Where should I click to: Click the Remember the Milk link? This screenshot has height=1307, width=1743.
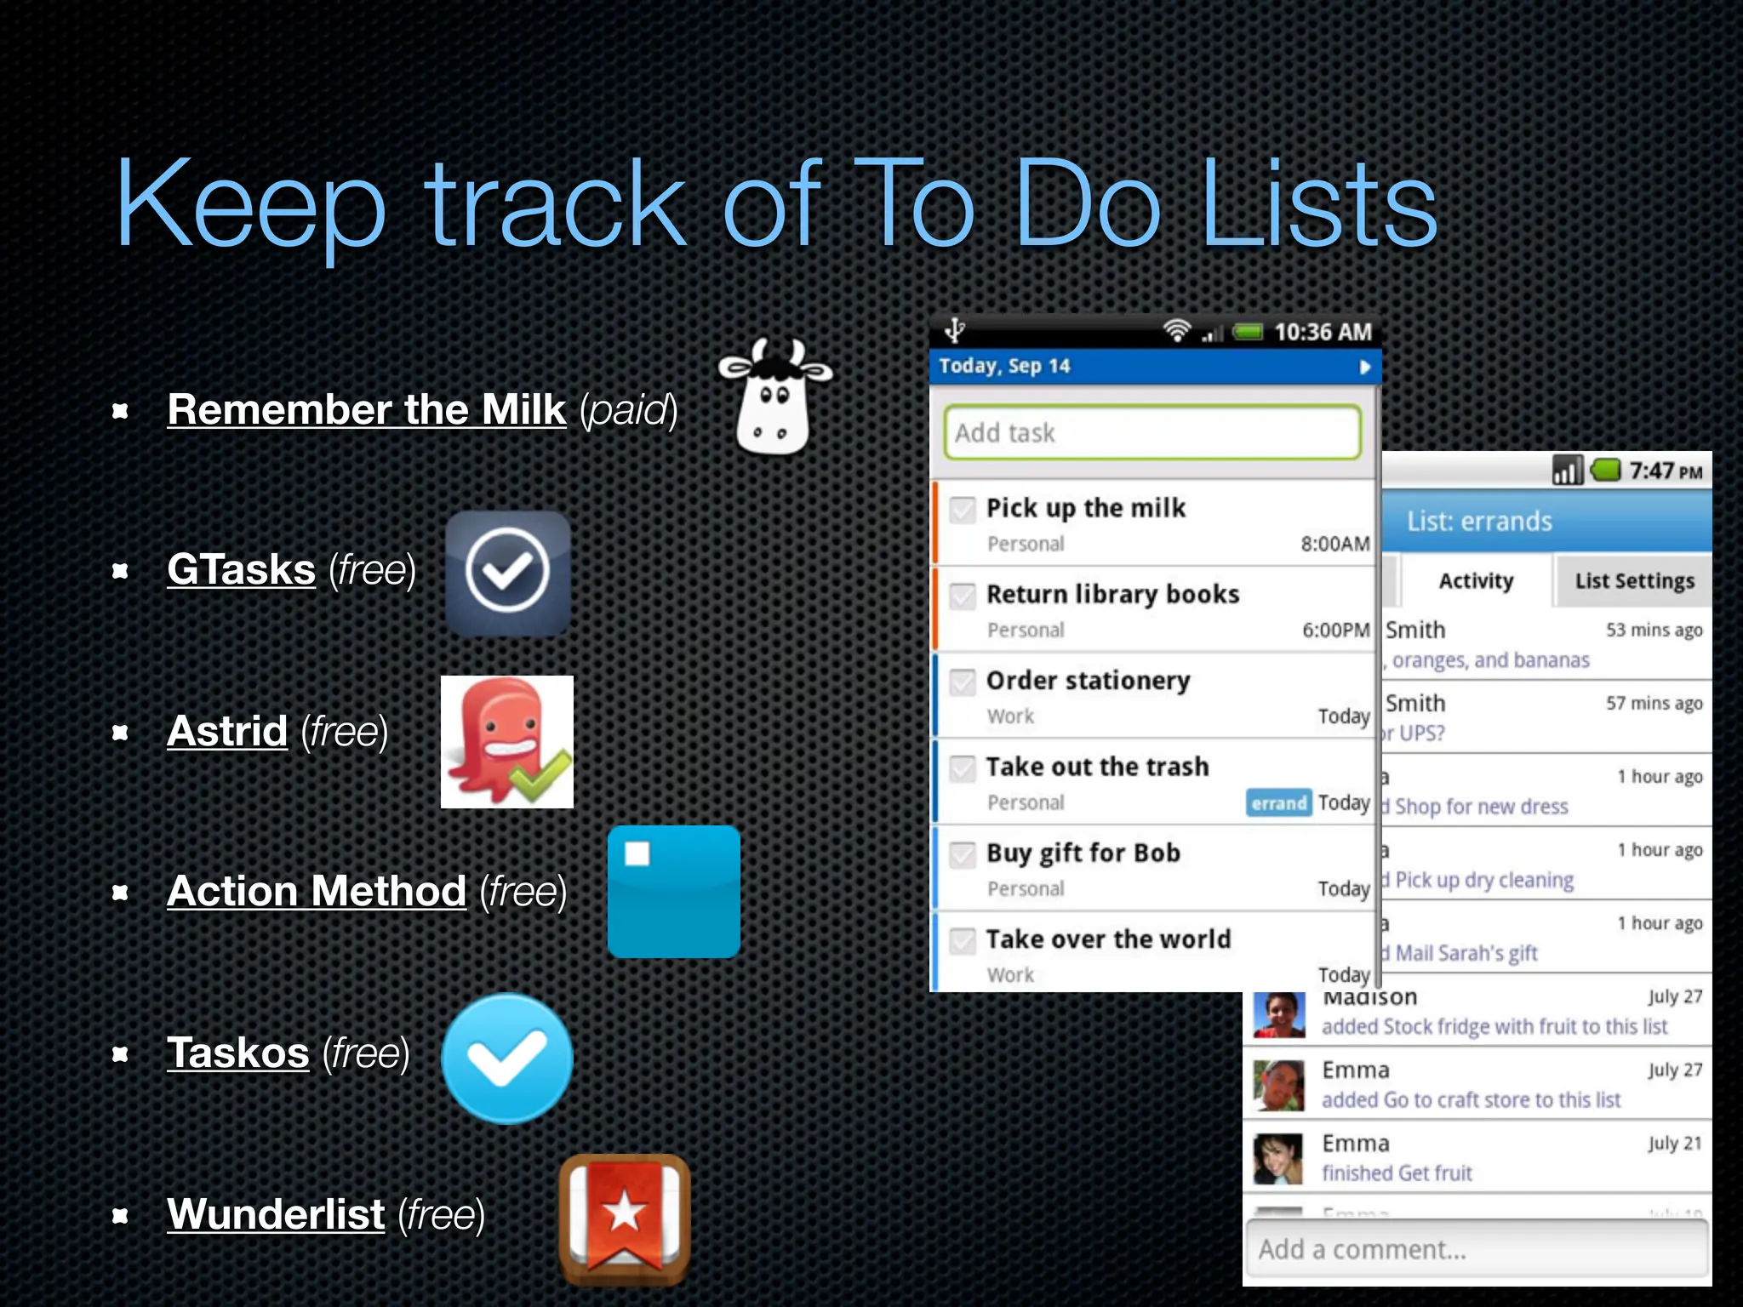(x=366, y=410)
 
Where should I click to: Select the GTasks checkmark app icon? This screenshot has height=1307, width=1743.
(x=507, y=572)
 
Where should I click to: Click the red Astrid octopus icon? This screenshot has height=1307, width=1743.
(x=506, y=741)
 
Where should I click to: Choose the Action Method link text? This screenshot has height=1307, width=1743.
(x=317, y=892)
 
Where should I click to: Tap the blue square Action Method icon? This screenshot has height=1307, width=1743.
(x=673, y=892)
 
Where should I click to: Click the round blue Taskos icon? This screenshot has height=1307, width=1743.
(x=507, y=1058)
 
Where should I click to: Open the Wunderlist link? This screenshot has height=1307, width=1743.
(x=276, y=1214)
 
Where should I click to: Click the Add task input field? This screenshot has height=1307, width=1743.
(x=1152, y=433)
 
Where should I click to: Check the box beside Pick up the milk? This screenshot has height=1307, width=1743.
(x=963, y=510)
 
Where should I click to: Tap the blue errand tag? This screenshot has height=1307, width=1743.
(x=1278, y=802)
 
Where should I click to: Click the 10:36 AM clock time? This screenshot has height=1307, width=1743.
(x=1323, y=332)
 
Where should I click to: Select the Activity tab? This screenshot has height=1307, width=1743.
(x=1476, y=581)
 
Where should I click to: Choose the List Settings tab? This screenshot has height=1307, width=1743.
(x=1634, y=581)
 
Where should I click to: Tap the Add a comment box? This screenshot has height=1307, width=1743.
(x=1477, y=1249)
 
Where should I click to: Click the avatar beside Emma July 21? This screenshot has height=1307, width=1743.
(x=1278, y=1158)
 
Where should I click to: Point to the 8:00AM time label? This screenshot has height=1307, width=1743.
(x=1334, y=544)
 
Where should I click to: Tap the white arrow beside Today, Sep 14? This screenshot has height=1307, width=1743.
(x=1364, y=367)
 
